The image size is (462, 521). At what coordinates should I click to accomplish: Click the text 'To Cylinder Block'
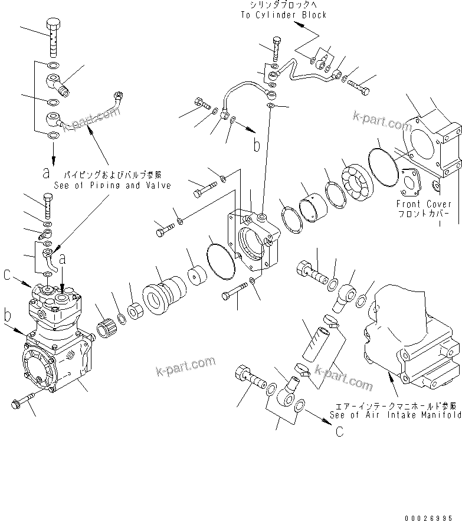283,15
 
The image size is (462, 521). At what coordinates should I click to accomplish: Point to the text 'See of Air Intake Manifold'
395,415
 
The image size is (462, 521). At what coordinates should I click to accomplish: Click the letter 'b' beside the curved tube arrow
256,146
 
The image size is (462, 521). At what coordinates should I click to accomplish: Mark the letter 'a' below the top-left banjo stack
46,173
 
